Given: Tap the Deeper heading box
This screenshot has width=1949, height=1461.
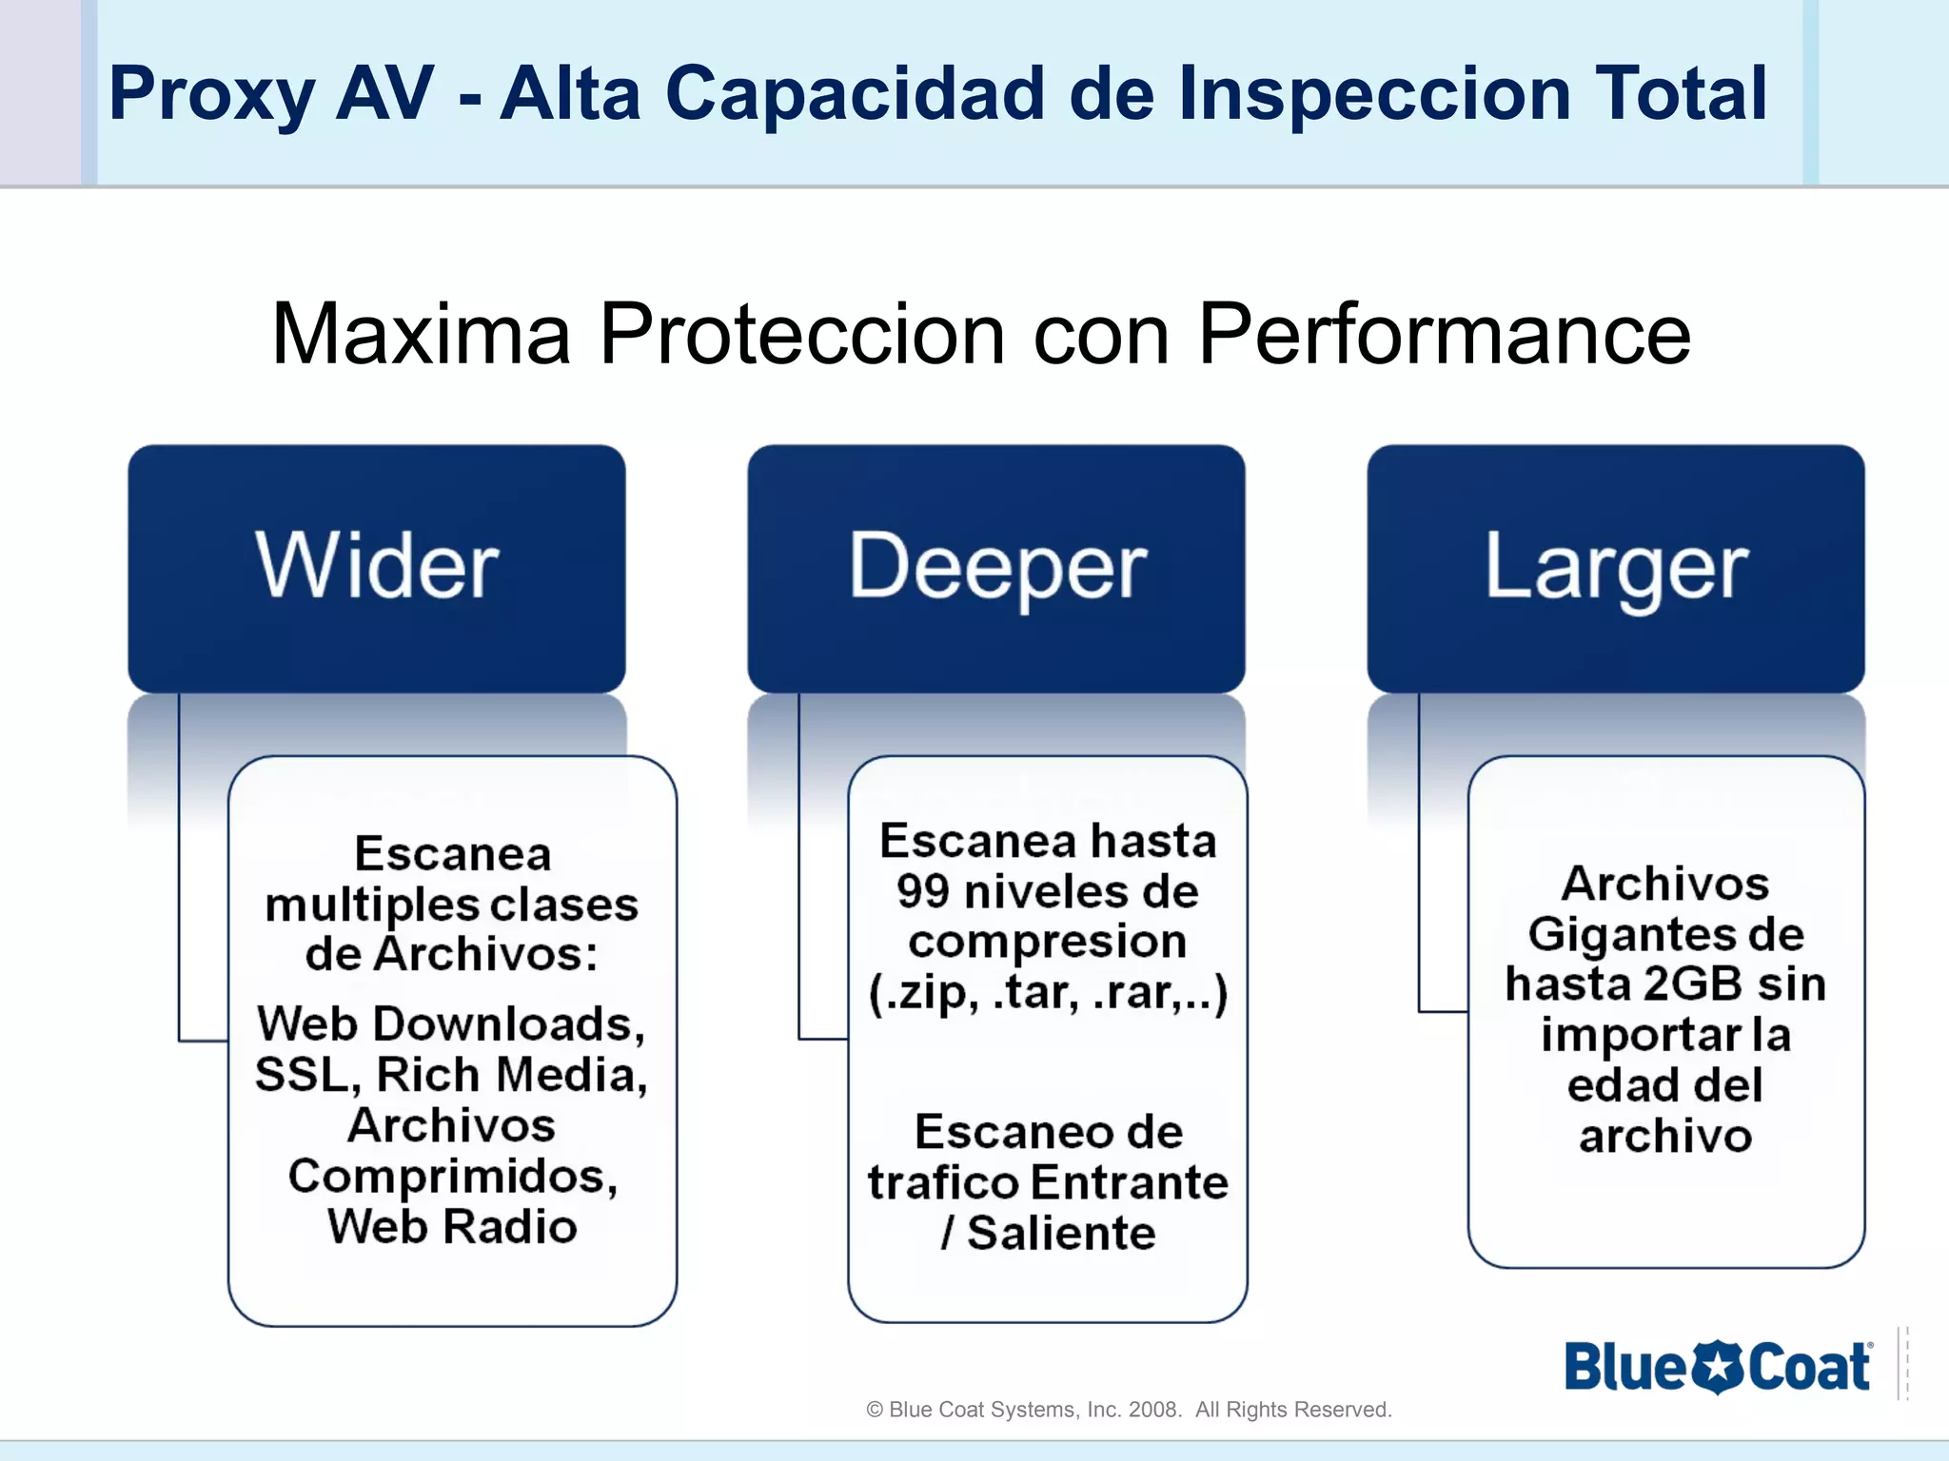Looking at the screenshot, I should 996,568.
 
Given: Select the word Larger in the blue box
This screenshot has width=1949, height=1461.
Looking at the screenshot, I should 1616,568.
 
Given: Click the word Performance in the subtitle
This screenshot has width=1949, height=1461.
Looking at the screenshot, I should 1444,334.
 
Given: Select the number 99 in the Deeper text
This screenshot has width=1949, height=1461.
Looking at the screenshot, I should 922,891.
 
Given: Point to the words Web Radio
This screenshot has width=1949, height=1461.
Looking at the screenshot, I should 452,1226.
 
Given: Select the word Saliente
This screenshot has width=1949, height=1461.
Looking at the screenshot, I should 1061,1233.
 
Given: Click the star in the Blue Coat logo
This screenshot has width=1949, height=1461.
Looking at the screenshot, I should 1718,1368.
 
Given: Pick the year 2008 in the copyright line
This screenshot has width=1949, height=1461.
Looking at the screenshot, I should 1153,1410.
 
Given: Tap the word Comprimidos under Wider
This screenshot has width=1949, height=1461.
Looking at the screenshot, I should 452,1177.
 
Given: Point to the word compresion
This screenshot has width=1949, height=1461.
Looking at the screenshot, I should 1047,942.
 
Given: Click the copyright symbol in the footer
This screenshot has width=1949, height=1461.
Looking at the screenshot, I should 875,1410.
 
